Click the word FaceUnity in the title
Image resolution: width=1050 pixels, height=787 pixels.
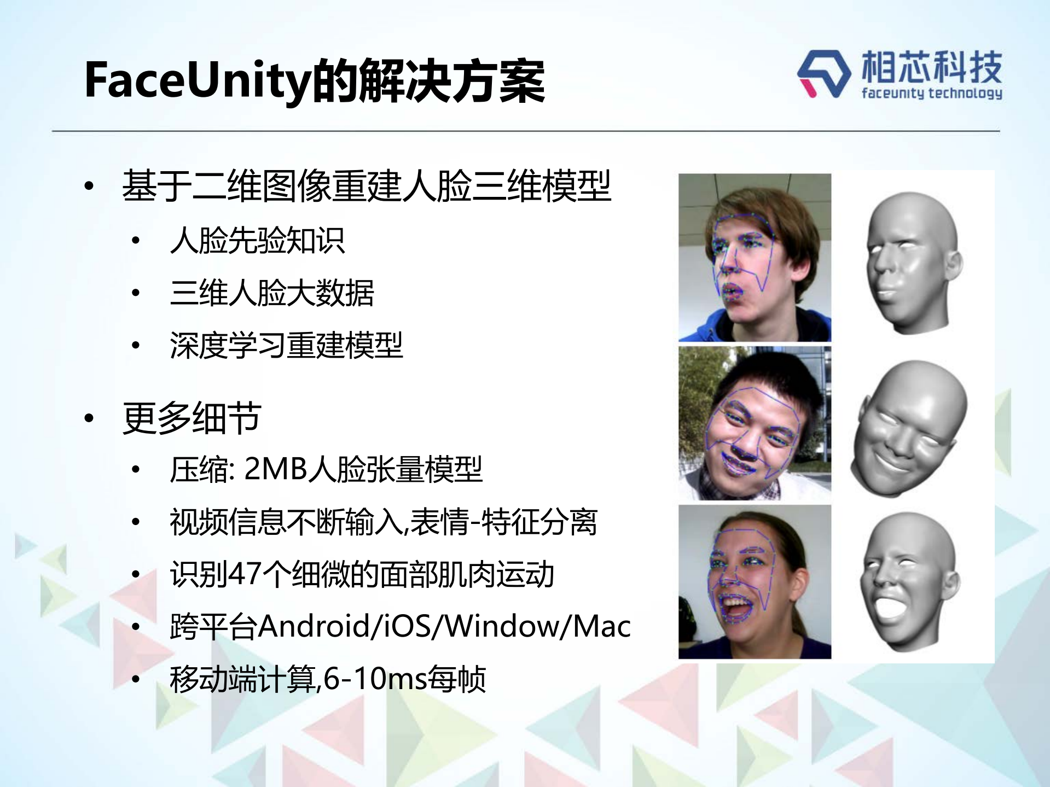[x=197, y=81]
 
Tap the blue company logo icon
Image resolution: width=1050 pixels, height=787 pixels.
[x=823, y=74]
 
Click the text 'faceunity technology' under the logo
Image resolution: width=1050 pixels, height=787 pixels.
[x=931, y=93]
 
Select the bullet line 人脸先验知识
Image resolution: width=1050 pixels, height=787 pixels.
[x=257, y=240]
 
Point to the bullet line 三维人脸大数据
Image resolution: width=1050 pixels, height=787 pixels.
[x=272, y=293]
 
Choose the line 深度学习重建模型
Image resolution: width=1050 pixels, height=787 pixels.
[x=286, y=345]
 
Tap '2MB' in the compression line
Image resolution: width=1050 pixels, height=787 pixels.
[x=275, y=469]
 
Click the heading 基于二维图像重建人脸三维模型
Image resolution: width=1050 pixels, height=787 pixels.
[x=366, y=186]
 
